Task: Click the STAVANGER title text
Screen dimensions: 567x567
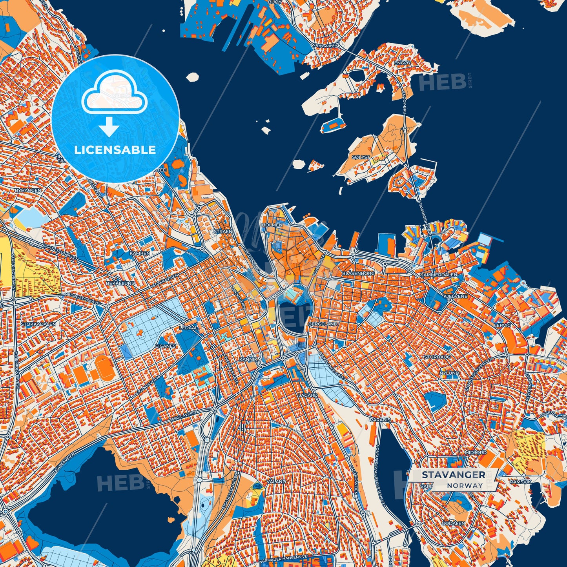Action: [x=453, y=475]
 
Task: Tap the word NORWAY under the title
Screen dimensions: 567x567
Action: [x=465, y=485]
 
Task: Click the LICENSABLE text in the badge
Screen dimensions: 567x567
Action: [x=115, y=150]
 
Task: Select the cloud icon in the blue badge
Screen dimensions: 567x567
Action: [x=114, y=92]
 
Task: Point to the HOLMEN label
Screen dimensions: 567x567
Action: [x=272, y=225]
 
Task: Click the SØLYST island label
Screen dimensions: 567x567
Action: [x=361, y=157]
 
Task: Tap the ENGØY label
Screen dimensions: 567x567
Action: [x=403, y=63]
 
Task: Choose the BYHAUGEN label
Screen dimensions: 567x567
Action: [x=27, y=190]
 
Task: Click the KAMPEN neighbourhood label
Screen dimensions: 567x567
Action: [x=140, y=253]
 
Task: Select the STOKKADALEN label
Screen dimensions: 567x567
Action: [x=38, y=325]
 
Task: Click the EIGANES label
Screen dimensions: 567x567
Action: [x=165, y=346]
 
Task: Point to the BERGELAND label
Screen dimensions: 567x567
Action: [x=323, y=324]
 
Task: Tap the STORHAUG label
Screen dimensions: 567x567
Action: [x=437, y=357]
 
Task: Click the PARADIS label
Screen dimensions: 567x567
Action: [x=380, y=419]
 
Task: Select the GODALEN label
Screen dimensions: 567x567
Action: [x=453, y=523]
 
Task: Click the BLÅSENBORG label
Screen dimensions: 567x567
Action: [x=358, y=273]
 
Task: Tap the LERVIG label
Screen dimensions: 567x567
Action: [x=502, y=325]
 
